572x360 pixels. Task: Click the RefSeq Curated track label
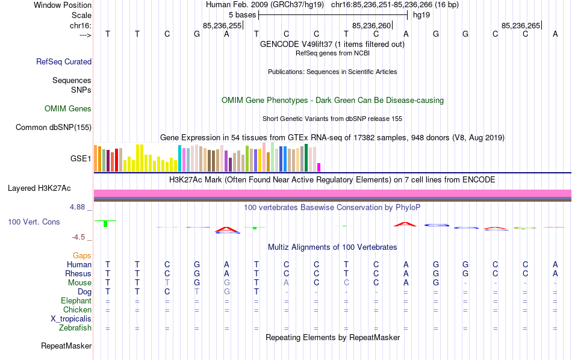tap(64, 61)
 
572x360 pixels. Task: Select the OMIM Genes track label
tap(68, 109)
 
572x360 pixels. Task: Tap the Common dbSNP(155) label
tap(54, 127)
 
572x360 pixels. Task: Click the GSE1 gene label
tap(81, 159)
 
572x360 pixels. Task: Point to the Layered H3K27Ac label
tap(49, 188)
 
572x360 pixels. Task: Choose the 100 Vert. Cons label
tap(34, 222)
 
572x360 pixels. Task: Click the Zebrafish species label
tap(75, 328)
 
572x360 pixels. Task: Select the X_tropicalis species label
tap(71, 318)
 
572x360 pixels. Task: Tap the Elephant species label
tap(76, 300)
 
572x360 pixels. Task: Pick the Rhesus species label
tap(78, 274)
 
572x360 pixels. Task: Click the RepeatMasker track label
tap(66, 346)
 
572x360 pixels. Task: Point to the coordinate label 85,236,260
tap(372, 25)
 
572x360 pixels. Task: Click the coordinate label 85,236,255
tap(222, 25)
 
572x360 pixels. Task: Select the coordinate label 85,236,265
tap(521, 25)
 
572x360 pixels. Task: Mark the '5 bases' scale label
tap(242, 14)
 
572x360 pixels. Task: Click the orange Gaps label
tap(82, 256)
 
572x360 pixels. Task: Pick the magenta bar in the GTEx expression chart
tap(319, 167)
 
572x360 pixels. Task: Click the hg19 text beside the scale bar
tap(421, 14)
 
